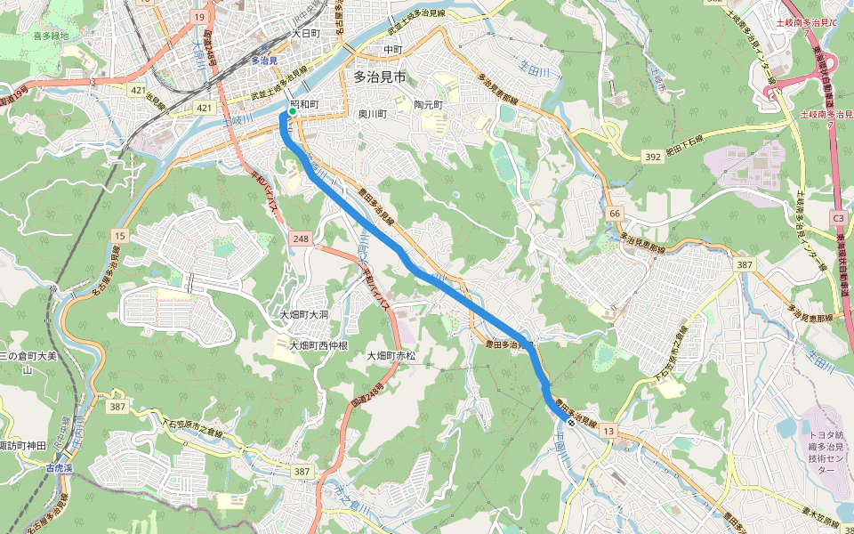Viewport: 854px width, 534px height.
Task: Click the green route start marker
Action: [291, 113]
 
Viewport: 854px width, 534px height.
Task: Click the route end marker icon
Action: [571, 423]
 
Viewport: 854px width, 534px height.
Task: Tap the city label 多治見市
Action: [379, 77]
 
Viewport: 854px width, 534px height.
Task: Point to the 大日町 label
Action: [305, 33]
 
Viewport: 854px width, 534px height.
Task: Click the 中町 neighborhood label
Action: [393, 49]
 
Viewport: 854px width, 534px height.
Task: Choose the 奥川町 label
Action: [375, 114]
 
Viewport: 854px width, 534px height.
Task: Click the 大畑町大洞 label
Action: [304, 315]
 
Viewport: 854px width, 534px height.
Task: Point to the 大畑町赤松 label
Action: [391, 356]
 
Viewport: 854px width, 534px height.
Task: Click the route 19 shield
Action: [199, 17]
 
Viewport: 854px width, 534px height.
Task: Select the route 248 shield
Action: [300, 239]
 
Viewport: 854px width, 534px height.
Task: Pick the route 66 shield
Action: [615, 214]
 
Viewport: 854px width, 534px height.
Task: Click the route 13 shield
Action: [608, 432]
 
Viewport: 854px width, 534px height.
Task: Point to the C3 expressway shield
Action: [838, 217]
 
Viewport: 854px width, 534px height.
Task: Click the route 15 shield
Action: [119, 235]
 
